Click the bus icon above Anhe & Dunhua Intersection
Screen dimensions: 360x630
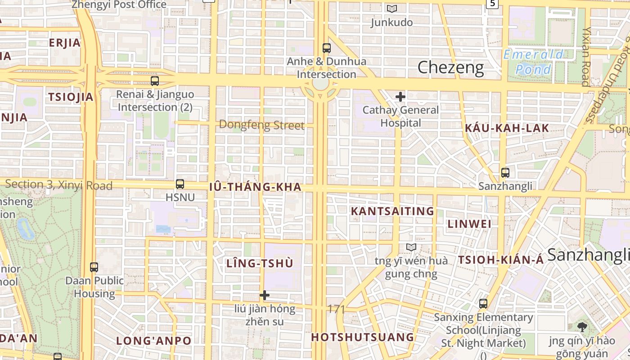[x=327, y=48]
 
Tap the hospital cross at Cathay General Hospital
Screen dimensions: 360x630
[x=400, y=97]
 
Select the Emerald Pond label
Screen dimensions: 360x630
[x=533, y=62]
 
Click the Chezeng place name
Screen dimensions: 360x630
[x=450, y=68]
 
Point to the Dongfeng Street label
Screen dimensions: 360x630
[x=261, y=125]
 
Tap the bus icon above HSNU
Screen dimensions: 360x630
[x=180, y=184]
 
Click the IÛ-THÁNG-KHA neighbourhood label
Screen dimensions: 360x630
[x=255, y=187]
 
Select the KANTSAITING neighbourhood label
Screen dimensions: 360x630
[x=392, y=211]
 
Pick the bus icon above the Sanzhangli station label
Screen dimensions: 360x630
[x=505, y=173]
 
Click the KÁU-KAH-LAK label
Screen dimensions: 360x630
[x=507, y=128]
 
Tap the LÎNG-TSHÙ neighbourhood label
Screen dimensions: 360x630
[x=260, y=264]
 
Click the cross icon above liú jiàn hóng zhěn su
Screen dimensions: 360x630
[x=265, y=295]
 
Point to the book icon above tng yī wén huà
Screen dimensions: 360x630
[x=411, y=247]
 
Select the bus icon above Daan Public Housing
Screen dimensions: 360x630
[x=94, y=267]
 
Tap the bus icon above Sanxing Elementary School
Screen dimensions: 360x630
[x=483, y=304]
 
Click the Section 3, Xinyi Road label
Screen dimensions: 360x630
[x=58, y=185]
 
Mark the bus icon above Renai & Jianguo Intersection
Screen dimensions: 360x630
[x=155, y=81]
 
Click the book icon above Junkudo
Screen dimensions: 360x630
[x=392, y=9]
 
